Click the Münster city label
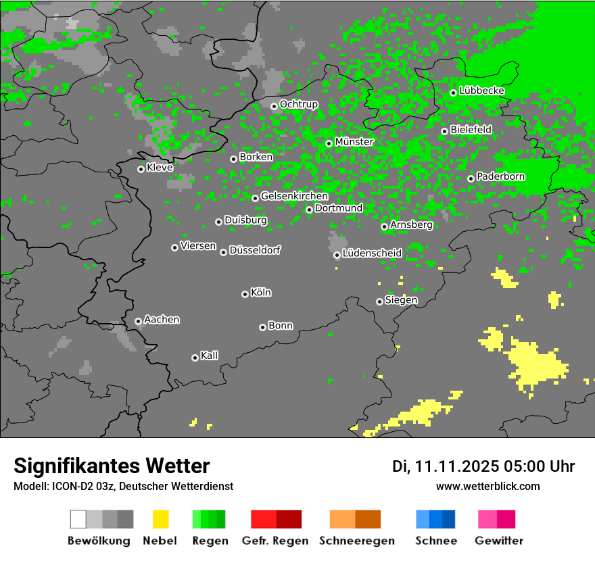tap(354, 142)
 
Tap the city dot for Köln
tap(245, 294)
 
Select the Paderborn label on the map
tap(500, 176)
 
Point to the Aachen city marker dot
tap(138, 321)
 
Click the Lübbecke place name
tap(481, 91)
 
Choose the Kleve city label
tap(160, 168)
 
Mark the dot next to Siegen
tap(379, 301)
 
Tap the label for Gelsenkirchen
tap(294, 196)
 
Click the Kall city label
tap(209, 356)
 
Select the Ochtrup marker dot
tap(274, 106)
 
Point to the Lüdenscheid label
tap(372, 253)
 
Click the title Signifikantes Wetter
tap(112, 466)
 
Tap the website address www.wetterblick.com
tap(487, 486)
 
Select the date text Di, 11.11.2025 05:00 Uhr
tap(483, 466)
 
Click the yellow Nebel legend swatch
tap(160, 519)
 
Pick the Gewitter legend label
tap(498, 541)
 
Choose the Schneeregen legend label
tap(356, 541)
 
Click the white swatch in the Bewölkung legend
tap(78, 519)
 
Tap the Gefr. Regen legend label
tap(275, 541)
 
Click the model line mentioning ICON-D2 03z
tap(123, 486)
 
